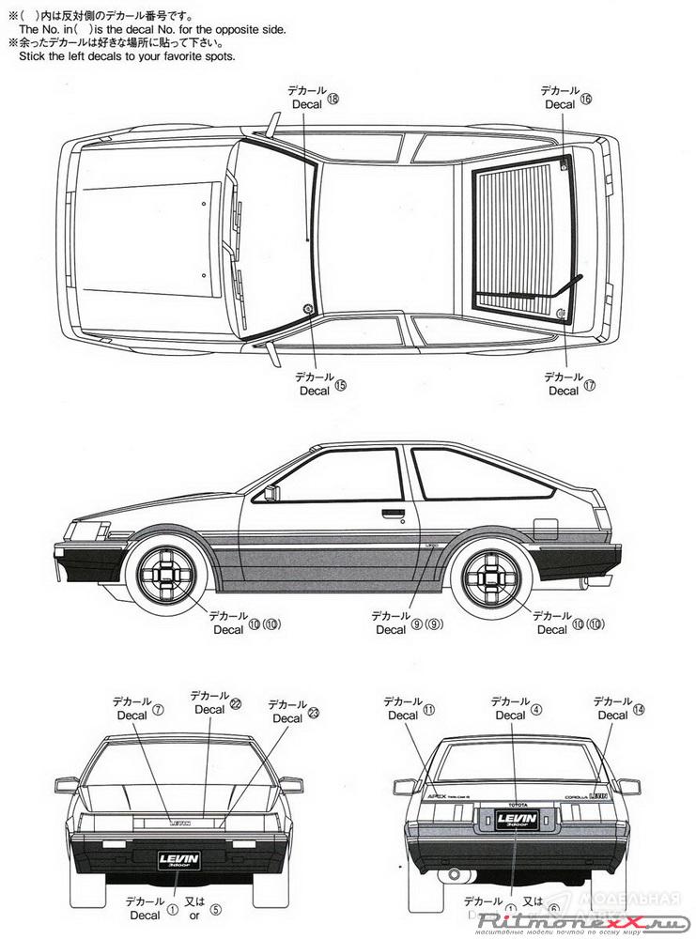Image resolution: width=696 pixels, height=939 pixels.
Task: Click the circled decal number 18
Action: (x=332, y=103)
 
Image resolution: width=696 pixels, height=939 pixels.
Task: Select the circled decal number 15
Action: (x=340, y=385)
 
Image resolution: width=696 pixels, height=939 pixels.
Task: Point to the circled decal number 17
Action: (x=590, y=385)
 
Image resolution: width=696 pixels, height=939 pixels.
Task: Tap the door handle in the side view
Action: (x=393, y=514)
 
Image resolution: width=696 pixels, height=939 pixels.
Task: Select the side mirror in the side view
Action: (x=271, y=493)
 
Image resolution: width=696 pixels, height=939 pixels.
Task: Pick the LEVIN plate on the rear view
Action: (x=510, y=820)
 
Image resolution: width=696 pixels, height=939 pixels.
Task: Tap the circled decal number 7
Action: (x=158, y=710)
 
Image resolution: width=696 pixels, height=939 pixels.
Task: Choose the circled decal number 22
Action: (x=236, y=703)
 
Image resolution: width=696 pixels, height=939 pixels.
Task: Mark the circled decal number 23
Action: (x=314, y=713)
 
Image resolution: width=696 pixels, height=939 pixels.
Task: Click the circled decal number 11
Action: (x=428, y=710)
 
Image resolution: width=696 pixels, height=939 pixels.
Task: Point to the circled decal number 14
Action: (x=639, y=709)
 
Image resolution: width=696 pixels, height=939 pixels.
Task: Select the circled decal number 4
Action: (x=536, y=709)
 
